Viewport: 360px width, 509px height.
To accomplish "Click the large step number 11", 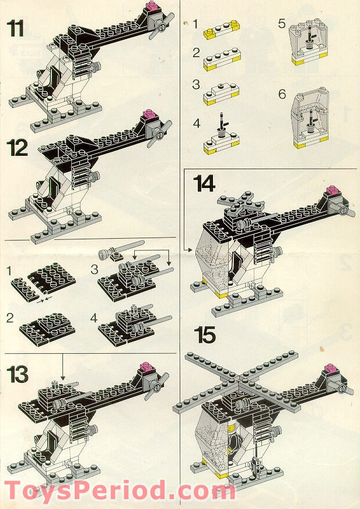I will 16,27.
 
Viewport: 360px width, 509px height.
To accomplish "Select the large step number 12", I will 18,148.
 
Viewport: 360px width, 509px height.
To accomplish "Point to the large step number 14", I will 205,183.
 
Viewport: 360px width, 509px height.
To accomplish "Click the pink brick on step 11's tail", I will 153,8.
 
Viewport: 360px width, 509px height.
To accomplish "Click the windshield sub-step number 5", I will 281,24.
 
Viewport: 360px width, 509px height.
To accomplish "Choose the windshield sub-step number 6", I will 282,94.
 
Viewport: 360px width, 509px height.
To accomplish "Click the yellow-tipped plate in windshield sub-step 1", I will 222,30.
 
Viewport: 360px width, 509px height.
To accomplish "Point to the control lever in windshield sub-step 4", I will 222,125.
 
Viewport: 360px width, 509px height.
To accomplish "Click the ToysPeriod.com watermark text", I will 120,490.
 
